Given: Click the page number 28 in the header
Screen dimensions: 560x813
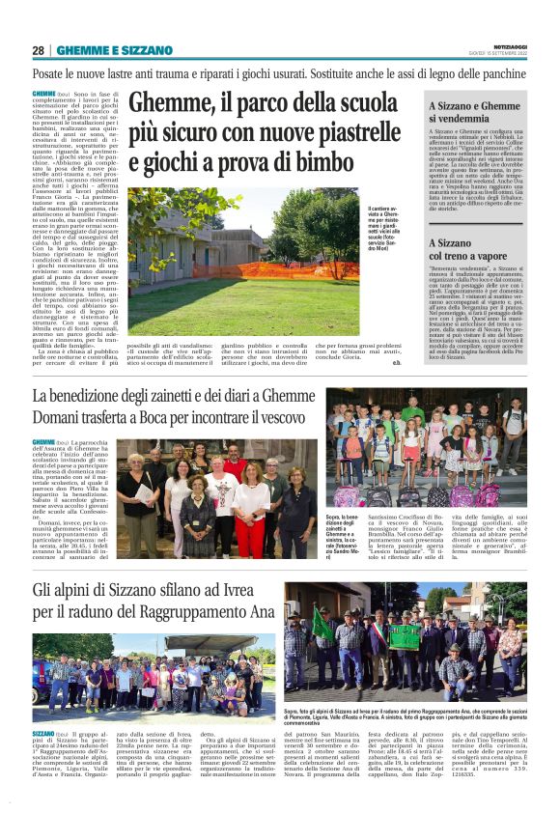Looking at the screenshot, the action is click(39, 50).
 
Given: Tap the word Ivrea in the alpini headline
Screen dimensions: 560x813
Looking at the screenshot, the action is click(275, 589).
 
